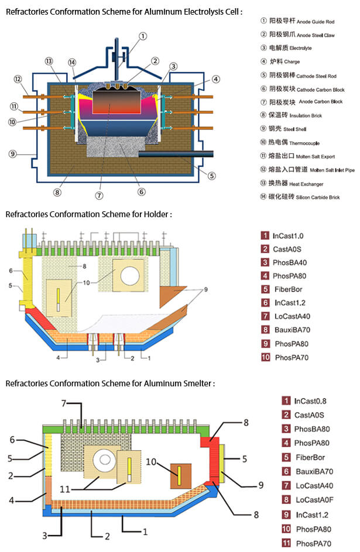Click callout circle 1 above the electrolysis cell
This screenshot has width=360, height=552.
click(143, 36)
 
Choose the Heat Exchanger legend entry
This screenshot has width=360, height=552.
click(301, 184)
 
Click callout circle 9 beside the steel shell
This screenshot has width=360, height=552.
click(12, 155)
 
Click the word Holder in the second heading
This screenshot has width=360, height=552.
click(159, 214)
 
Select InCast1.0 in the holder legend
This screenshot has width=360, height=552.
click(288, 236)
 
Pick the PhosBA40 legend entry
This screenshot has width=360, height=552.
click(290, 263)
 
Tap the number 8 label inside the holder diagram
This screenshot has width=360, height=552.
click(85, 266)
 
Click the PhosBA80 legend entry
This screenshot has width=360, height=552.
click(312, 429)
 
